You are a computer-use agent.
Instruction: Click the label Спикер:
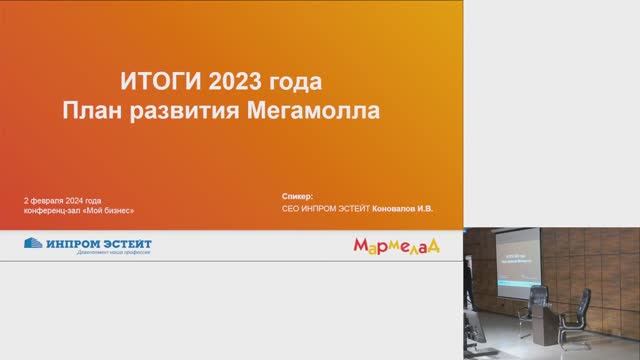point(299,197)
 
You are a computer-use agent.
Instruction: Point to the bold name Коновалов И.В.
point(404,210)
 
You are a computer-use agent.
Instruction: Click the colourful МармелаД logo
point(396,245)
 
